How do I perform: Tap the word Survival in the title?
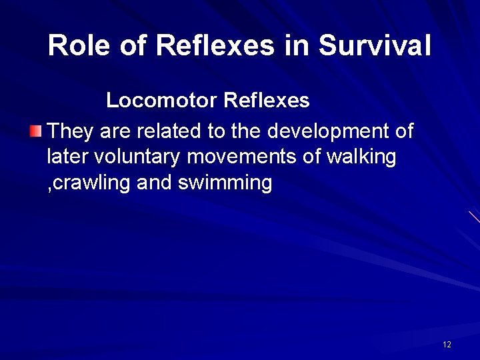[x=375, y=46]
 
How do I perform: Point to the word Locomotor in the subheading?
[x=162, y=101]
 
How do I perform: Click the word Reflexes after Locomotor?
[x=267, y=101]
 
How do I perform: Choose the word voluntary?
[x=138, y=157]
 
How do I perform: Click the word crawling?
[x=91, y=183]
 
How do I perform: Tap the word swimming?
[x=225, y=183]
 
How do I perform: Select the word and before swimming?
[x=154, y=182]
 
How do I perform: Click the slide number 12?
[x=447, y=345]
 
